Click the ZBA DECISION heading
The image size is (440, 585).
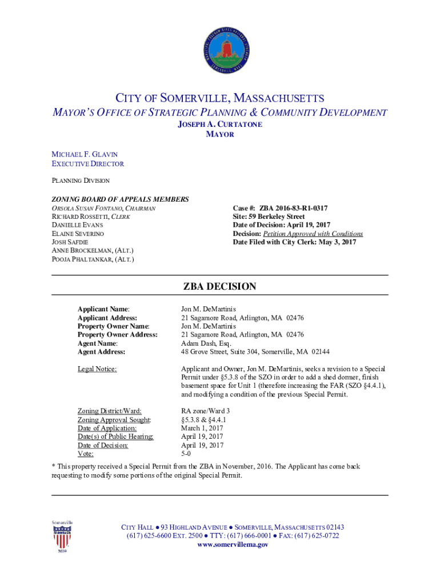tap(219, 287)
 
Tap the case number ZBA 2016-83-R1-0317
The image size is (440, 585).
tap(293, 209)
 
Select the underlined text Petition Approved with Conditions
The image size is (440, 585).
tap(313, 234)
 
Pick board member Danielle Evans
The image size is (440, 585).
tap(78, 225)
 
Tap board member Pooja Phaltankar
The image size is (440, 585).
tap(93, 259)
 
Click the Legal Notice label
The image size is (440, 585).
tap(97, 369)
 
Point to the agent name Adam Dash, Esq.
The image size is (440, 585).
tap(206, 343)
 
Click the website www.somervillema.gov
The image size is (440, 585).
tap(233, 545)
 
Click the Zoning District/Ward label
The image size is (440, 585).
tap(110, 411)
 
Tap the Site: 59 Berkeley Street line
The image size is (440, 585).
tap(269, 217)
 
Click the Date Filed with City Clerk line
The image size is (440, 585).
tap(294, 242)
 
